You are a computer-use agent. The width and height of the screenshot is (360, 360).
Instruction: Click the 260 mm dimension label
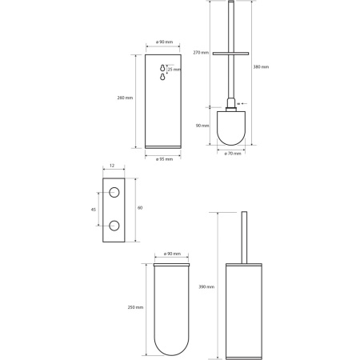click(x=125, y=98)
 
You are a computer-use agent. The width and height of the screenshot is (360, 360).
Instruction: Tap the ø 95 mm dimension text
click(x=164, y=159)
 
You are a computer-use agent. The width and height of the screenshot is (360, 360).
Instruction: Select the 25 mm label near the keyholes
click(x=174, y=70)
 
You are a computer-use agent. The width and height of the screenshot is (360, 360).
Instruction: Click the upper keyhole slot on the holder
click(x=162, y=68)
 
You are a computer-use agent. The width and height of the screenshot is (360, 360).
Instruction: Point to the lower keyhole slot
click(x=162, y=77)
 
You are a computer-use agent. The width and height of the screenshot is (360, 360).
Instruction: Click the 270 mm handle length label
click(x=201, y=53)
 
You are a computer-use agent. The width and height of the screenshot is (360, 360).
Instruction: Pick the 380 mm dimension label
click(x=261, y=67)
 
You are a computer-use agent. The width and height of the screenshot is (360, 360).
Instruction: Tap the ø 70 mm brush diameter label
click(x=233, y=154)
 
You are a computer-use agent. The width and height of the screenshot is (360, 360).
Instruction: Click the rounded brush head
click(x=231, y=128)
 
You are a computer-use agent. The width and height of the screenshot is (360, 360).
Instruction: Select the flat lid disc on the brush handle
click(x=230, y=54)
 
